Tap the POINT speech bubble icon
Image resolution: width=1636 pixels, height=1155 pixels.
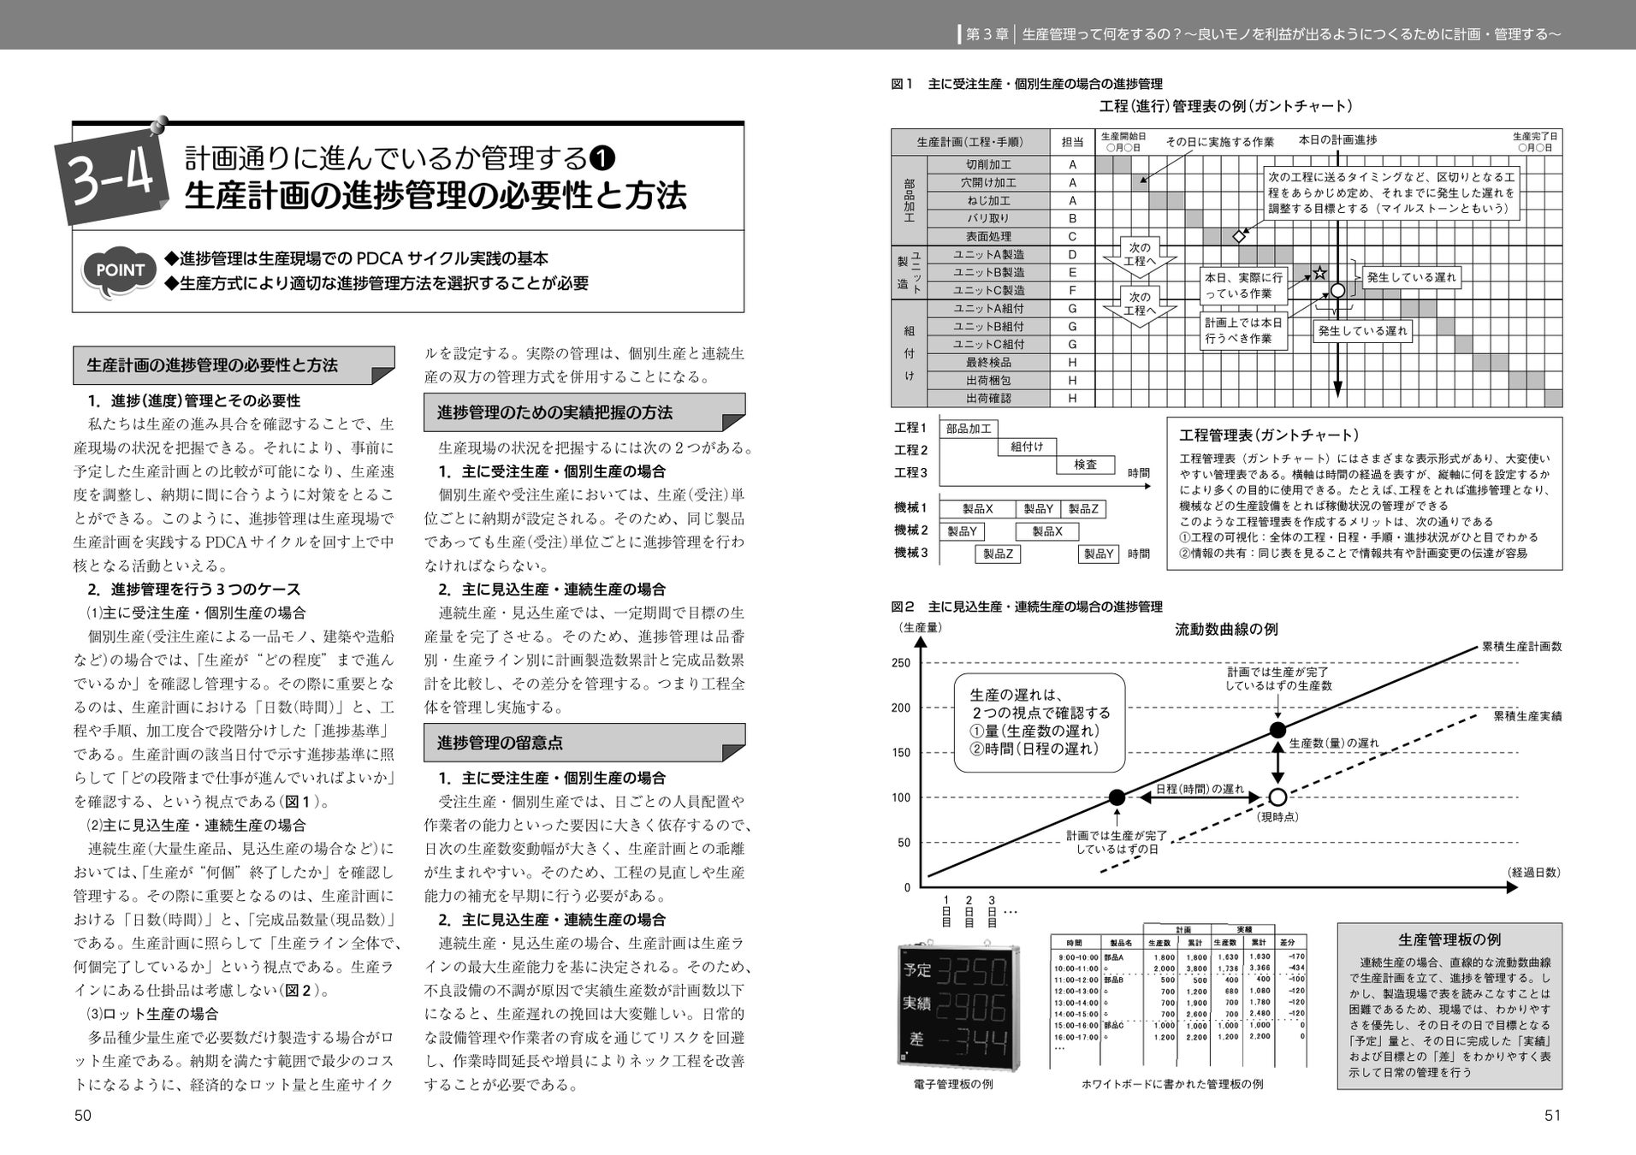pyautogui.click(x=120, y=271)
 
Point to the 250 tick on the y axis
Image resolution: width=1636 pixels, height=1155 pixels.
pyautogui.click(x=901, y=663)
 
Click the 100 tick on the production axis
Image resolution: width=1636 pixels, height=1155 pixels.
pyautogui.click(x=901, y=797)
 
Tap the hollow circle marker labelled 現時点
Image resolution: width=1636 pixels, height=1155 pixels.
pyautogui.click(x=1277, y=797)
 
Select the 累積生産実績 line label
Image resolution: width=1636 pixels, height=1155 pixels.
pyautogui.click(x=1527, y=715)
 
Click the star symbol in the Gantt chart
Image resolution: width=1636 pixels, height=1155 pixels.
pyautogui.click(x=1319, y=274)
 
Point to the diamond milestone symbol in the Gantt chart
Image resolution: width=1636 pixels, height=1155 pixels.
pyautogui.click(x=1238, y=235)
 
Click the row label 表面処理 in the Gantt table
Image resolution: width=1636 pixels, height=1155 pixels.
pyautogui.click(x=988, y=236)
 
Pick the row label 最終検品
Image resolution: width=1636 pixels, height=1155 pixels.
pyautogui.click(x=988, y=362)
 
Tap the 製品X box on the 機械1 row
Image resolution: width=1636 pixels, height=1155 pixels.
pyautogui.click(x=977, y=509)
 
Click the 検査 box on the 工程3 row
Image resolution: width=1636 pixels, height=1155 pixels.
pyautogui.click(x=1085, y=465)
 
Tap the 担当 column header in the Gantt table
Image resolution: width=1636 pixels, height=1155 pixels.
pyautogui.click(x=1072, y=142)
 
